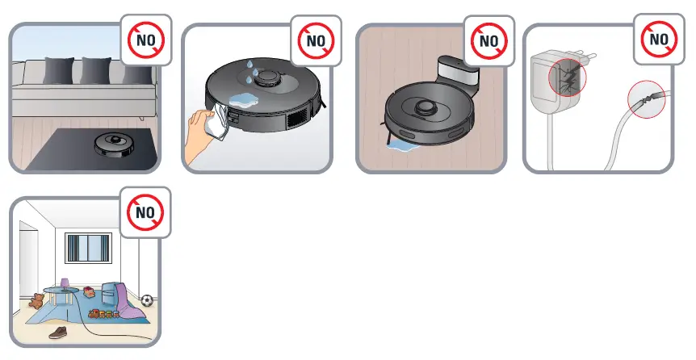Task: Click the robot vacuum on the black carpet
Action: [112, 144]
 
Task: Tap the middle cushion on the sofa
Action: [97, 70]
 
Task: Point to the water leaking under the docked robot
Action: [404, 146]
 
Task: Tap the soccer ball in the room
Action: [147, 300]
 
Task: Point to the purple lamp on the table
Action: [65, 284]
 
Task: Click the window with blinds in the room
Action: [88, 248]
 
